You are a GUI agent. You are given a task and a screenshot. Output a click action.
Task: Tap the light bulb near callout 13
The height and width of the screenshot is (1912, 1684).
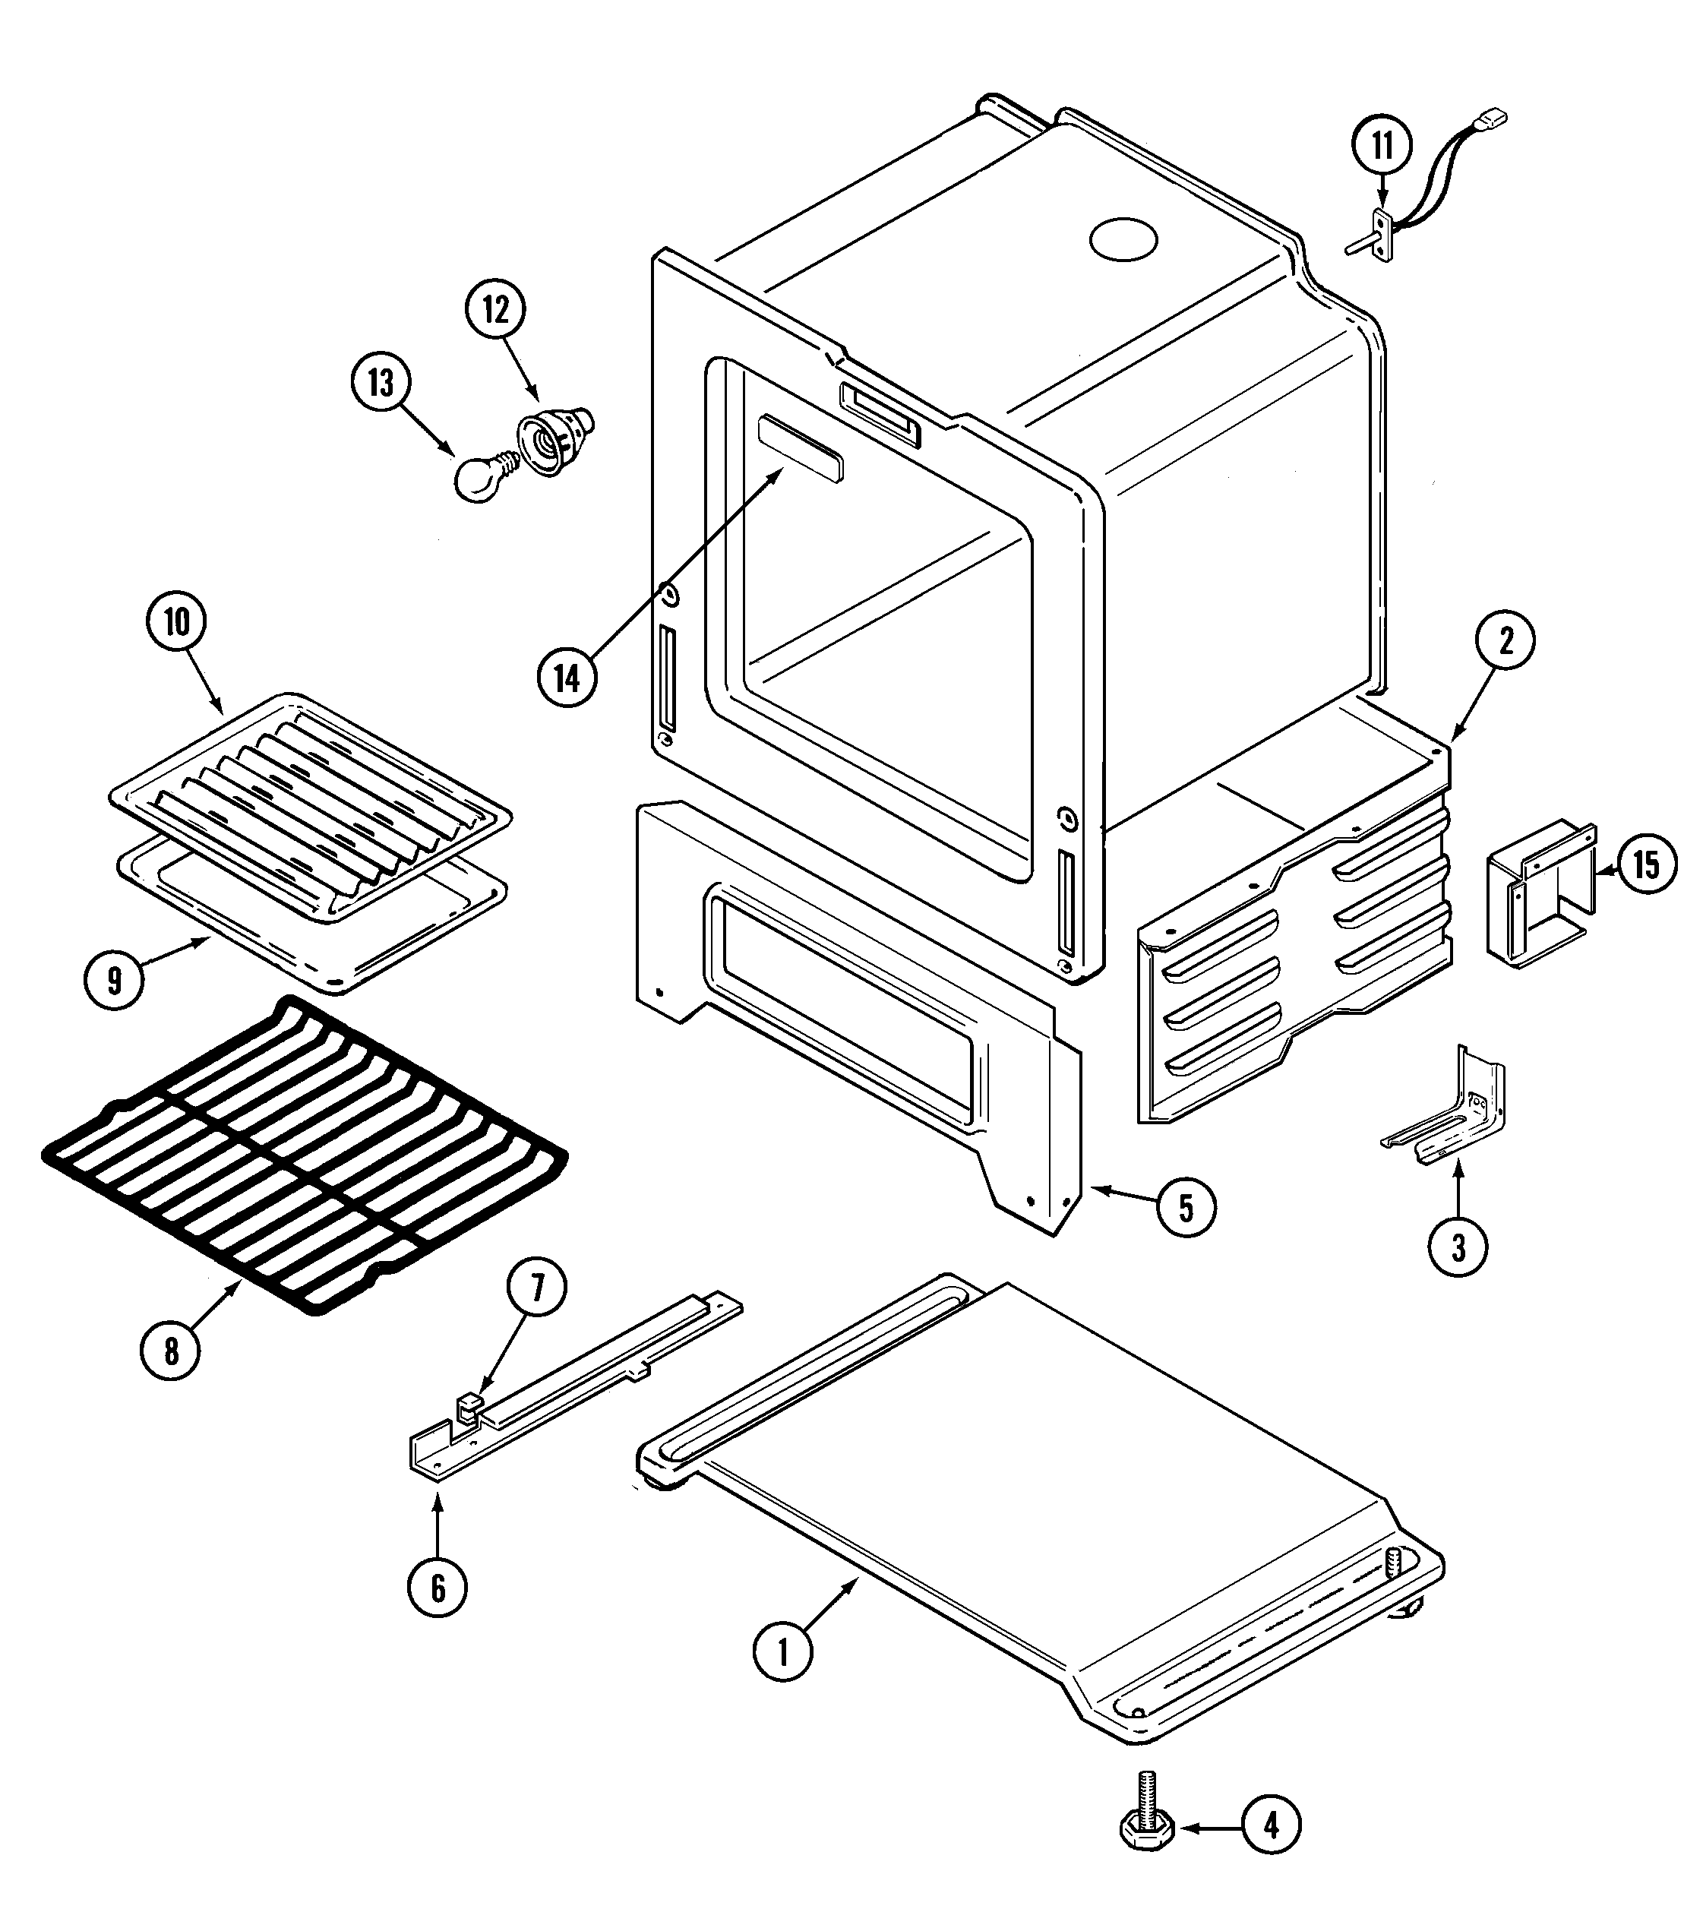point(481,477)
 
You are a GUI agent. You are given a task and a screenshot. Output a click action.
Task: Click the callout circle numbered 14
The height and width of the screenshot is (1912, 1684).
point(567,678)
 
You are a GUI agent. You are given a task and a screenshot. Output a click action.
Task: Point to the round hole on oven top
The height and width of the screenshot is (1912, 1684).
point(1123,238)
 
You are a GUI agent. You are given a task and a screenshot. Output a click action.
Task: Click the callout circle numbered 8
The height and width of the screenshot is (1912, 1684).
point(170,1351)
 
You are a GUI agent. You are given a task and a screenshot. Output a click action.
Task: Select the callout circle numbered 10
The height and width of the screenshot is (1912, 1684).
point(177,622)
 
